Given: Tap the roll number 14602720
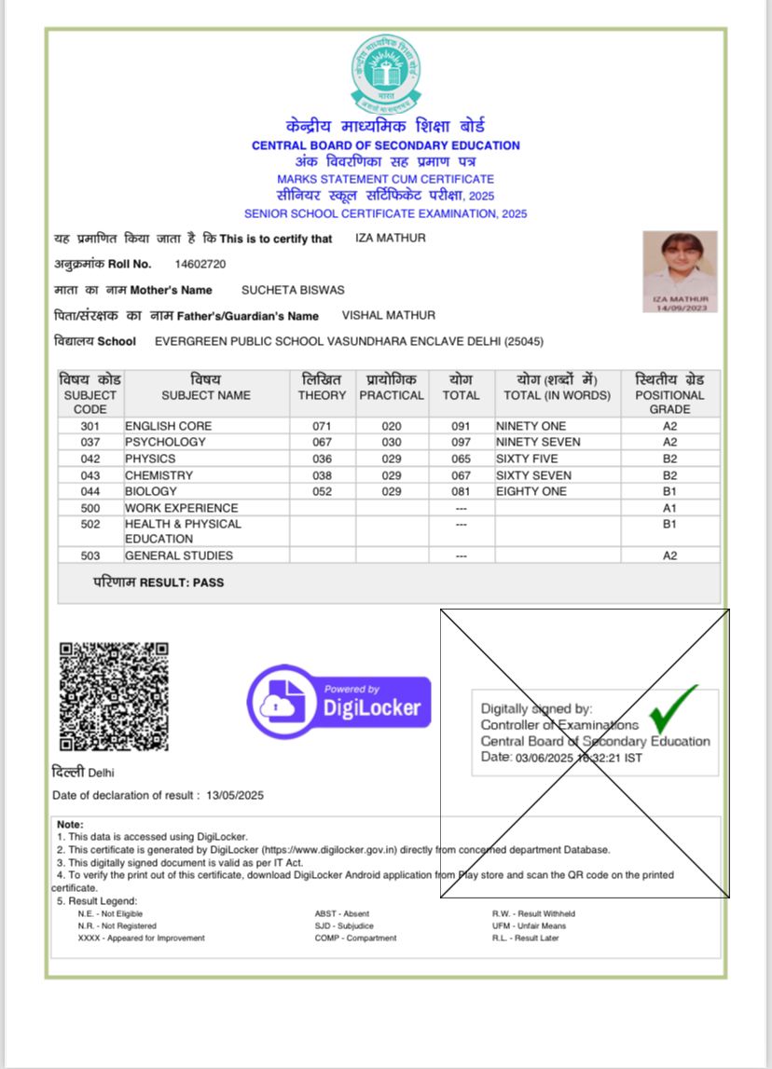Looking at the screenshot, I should coord(200,265).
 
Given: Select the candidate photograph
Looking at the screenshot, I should coord(680,271).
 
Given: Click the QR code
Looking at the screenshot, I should coord(114,696).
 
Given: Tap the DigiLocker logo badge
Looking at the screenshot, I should coord(338,702).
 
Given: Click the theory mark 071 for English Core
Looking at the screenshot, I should coord(322,426).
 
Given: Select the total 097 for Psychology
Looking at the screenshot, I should coord(461,442).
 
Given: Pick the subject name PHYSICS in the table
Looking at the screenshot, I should coord(150,459).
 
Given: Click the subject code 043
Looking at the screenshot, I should coord(90,475).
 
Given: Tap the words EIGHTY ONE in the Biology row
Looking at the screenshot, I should coord(531,491).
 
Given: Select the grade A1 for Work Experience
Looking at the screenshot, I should coord(669,508).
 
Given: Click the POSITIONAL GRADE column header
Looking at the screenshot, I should coord(669,394).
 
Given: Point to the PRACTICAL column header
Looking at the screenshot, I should coord(392,394).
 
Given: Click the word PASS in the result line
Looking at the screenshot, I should coord(210,582).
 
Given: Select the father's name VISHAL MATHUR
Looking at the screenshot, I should coord(388,315).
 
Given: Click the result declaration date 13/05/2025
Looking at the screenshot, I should coord(236,795).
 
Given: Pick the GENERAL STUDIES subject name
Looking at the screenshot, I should coord(179,555).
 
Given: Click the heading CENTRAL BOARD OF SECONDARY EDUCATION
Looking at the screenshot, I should coord(385,145).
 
